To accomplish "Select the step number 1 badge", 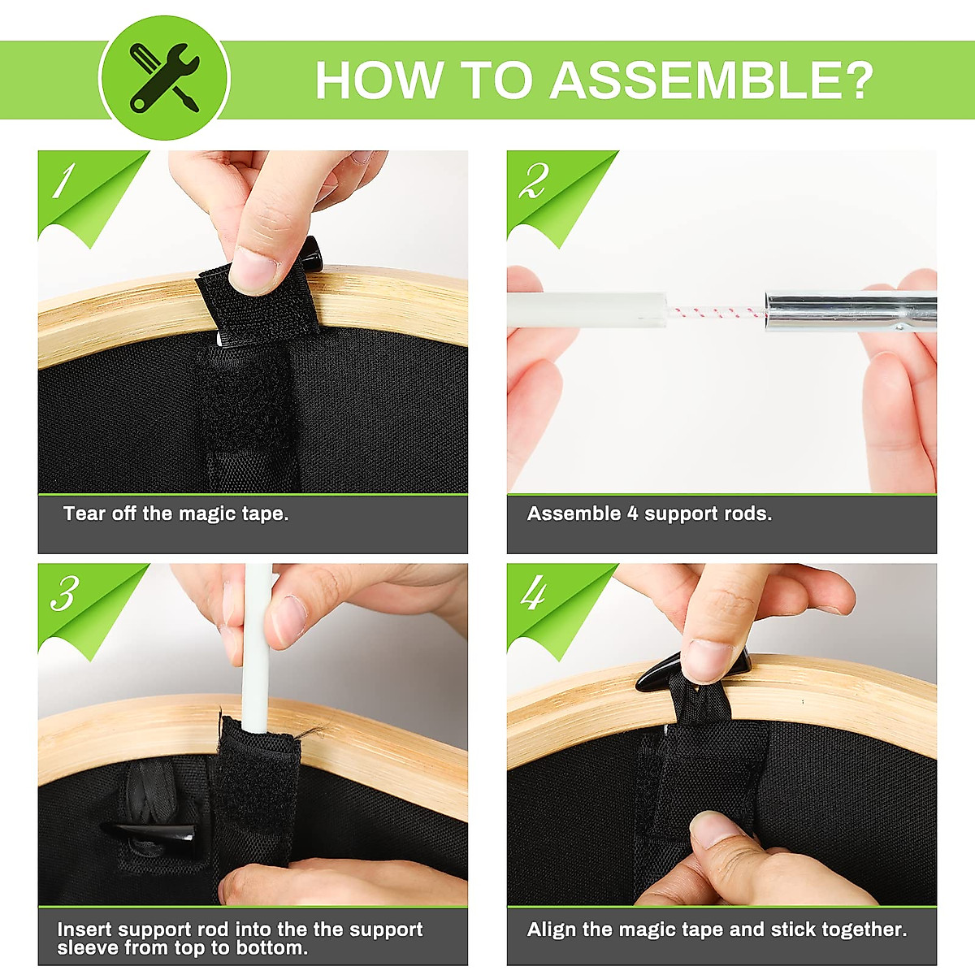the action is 63,180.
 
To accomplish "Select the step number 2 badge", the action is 534,180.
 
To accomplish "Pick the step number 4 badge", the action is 534,593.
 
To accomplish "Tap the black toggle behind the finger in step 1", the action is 313,253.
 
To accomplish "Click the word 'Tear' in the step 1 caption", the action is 84,513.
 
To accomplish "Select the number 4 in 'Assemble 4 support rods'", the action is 632,513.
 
